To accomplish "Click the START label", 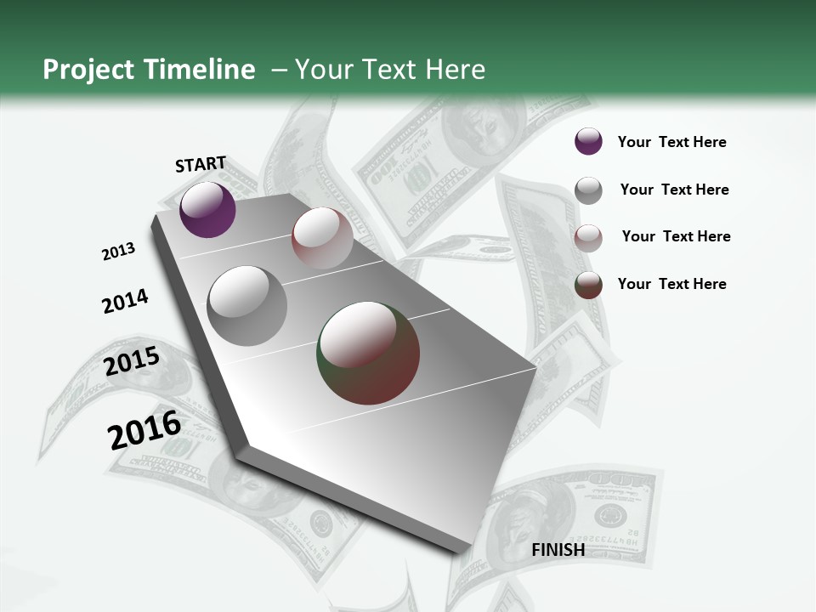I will coord(201,163).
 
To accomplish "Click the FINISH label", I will coord(558,549).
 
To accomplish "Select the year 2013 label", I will coord(118,251).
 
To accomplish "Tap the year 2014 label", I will coord(125,301).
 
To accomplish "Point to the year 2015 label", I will coord(132,361).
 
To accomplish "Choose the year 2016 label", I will coord(144,430).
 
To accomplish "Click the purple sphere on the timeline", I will coord(207,209).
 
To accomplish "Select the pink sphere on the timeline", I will coord(322,238).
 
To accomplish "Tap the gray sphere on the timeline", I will coord(247,305).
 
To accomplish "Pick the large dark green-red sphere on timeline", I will coord(368,353).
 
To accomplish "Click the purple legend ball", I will coord(588,141).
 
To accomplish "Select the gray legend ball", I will coord(588,190).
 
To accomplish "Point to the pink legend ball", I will coord(588,238).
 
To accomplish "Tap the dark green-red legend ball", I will coord(588,285).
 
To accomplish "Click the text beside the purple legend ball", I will coord(671,142).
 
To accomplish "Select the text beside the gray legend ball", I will coord(674,190).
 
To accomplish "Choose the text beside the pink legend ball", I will coord(676,236).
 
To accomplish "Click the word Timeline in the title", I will coord(199,70).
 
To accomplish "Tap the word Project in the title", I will coord(88,70).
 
